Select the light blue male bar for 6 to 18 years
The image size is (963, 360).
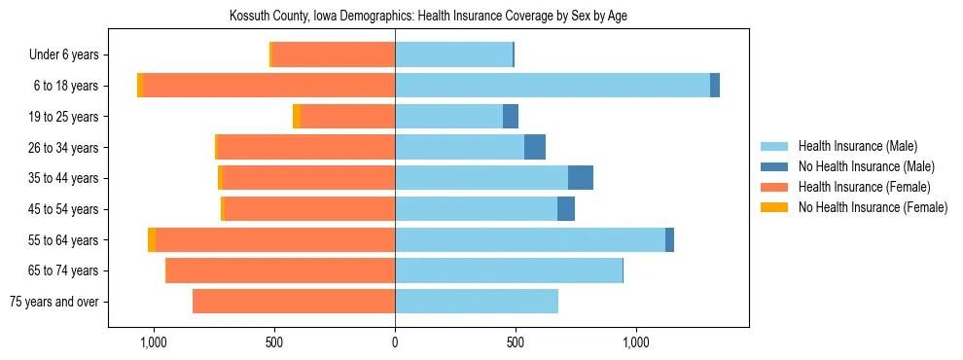(x=552, y=86)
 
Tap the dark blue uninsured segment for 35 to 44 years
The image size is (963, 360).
(x=581, y=178)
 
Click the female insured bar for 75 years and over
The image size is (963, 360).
(x=294, y=302)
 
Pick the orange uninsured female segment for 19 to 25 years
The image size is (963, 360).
(x=297, y=117)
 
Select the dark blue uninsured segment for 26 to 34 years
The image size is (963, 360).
(x=535, y=147)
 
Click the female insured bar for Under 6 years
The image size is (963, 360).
(x=334, y=54)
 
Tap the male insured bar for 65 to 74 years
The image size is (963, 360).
(x=508, y=270)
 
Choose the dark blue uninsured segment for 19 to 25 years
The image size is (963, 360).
(x=511, y=117)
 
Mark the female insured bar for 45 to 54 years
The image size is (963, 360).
(x=309, y=209)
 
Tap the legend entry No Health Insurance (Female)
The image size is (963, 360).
(x=873, y=207)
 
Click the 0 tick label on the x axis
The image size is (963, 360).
(x=395, y=342)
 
